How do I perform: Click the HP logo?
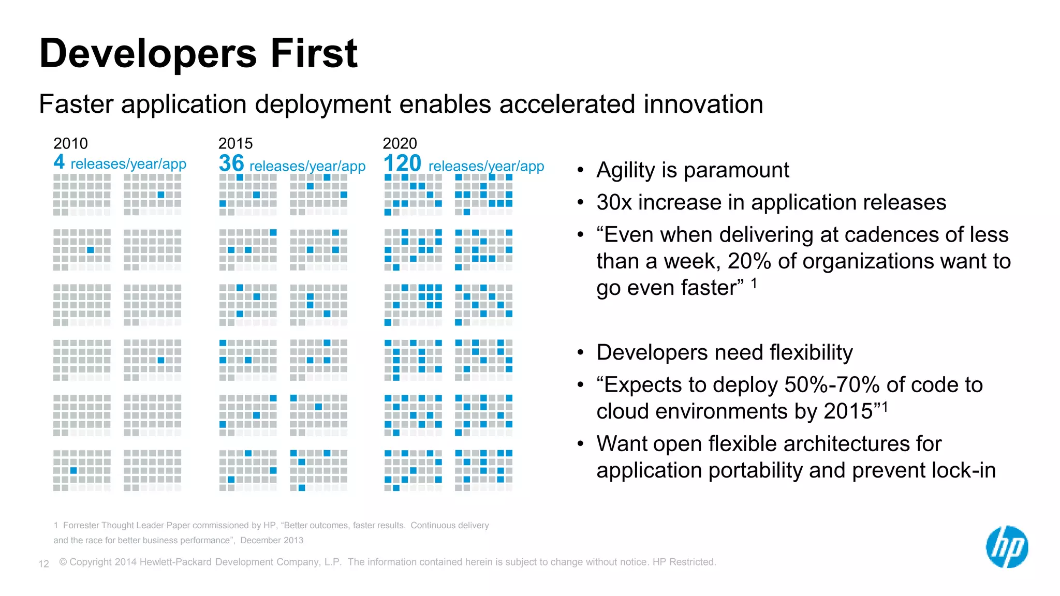pos(1007,547)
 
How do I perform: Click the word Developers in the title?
pos(148,53)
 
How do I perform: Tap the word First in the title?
pos(314,53)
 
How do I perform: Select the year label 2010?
pos(70,143)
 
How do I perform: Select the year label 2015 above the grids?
pos(235,143)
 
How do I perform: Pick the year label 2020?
pos(400,143)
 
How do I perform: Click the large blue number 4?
pos(59,162)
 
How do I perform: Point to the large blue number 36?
pos(231,163)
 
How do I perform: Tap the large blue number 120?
pos(402,163)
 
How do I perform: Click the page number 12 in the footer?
pos(44,564)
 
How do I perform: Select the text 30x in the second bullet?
pos(614,202)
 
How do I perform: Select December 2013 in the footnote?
pos(272,541)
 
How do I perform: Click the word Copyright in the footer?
pos(91,562)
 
